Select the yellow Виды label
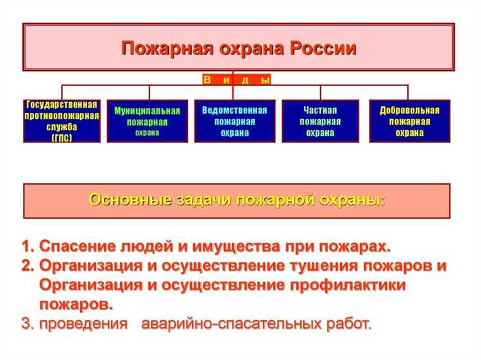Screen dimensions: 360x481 pyautogui.click(x=237, y=80)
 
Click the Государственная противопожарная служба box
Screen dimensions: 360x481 pyautogui.click(x=62, y=121)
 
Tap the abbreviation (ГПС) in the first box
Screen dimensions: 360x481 pyautogui.click(x=62, y=138)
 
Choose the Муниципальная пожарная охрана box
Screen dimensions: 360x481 pyautogui.click(x=148, y=121)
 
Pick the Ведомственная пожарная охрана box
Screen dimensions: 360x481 pyautogui.click(x=235, y=121)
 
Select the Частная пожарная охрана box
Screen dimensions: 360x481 pyautogui.click(x=321, y=121)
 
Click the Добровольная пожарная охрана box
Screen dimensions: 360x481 pyautogui.click(x=409, y=121)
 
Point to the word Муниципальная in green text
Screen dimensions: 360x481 pyautogui.click(x=148, y=110)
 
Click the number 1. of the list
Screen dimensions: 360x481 pyautogui.click(x=27, y=246)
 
